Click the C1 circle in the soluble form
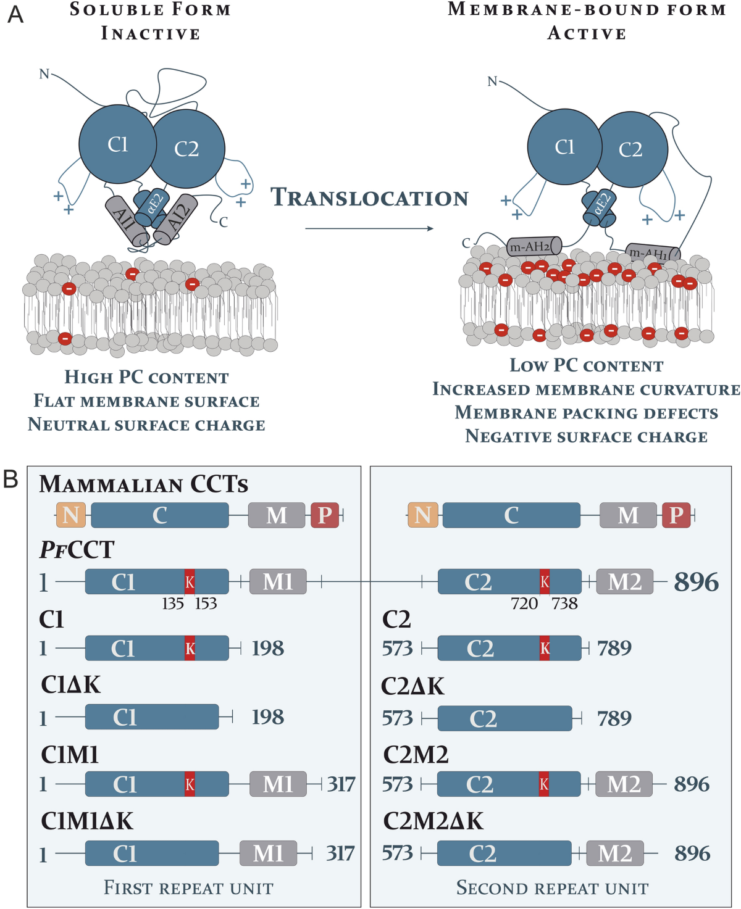pyautogui.click(x=117, y=144)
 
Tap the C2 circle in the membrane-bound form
pyautogui.click(x=631, y=149)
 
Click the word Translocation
pyautogui.click(x=369, y=198)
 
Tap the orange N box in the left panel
pyautogui.click(x=71, y=515)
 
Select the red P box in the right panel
pyautogui.click(x=676, y=515)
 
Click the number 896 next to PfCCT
pyautogui.click(x=696, y=582)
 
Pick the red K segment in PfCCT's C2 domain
pyautogui.click(x=545, y=581)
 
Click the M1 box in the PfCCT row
pyautogui.click(x=278, y=581)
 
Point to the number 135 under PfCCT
pyautogui.click(x=173, y=604)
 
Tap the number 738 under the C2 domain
pyautogui.click(x=564, y=604)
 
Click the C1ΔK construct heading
pyautogui.click(x=70, y=685)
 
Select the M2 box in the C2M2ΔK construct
pyautogui.click(x=615, y=853)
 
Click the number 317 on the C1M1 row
pyautogui.click(x=341, y=784)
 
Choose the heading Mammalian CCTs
pyautogui.click(x=144, y=484)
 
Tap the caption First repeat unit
pyautogui.click(x=188, y=888)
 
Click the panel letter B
pyautogui.click(x=10, y=479)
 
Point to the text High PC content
pyautogui.click(x=147, y=377)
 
